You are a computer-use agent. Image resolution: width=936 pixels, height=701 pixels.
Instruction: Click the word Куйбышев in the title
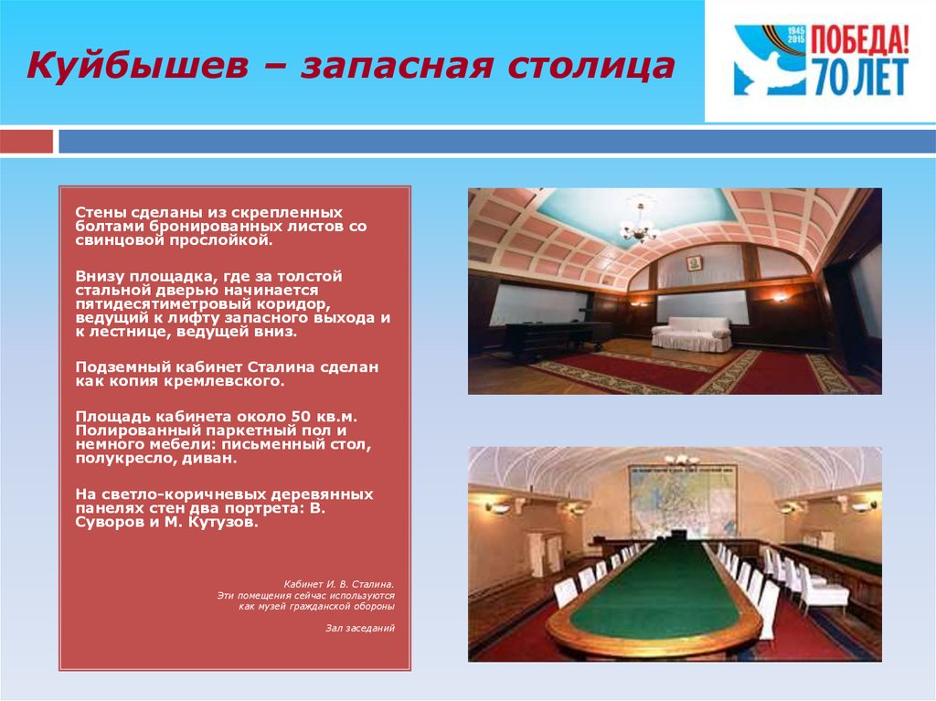(x=137, y=65)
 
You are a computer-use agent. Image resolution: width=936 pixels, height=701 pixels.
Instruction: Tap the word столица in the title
(x=591, y=65)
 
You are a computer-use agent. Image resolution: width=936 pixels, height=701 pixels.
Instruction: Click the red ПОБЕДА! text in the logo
(x=859, y=40)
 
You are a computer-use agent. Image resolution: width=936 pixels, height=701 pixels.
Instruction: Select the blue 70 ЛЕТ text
(x=859, y=77)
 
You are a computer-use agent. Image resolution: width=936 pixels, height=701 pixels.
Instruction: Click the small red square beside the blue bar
(x=27, y=142)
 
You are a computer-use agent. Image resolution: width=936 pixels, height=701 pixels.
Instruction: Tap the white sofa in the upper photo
(x=691, y=334)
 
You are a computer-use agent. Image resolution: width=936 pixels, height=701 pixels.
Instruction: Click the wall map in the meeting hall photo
(x=682, y=500)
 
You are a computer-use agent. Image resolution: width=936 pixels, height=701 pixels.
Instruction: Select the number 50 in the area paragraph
(x=300, y=416)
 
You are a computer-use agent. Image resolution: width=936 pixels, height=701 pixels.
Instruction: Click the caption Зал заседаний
(x=360, y=628)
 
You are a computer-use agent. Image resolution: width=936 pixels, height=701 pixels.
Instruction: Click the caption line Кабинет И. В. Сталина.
(x=339, y=584)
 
